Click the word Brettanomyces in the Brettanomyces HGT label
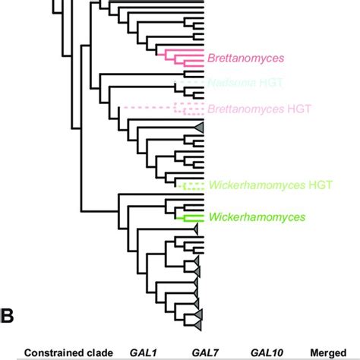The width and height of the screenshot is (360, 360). pyautogui.click(x=245, y=109)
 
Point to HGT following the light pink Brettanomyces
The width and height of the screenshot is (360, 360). pyautogui.click(x=296, y=109)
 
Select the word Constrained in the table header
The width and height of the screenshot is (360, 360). pyautogui.click(x=55, y=352)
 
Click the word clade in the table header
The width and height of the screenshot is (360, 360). pyautogui.click(x=100, y=352)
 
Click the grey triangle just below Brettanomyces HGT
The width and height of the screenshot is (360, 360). pyautogui.click(x=199, y=126)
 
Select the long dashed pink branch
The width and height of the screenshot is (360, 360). pyautogui.click(x=148, y=108)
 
